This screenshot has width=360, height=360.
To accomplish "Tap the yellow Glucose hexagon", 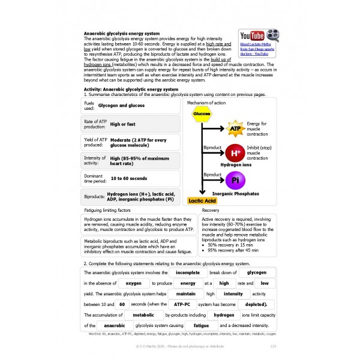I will click(x=202, y=113).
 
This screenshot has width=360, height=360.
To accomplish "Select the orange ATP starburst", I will click(x=235, y=128).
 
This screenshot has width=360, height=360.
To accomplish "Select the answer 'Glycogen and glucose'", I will click(x=121, y=105).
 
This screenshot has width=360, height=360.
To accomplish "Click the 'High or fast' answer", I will click(x=124, y=124).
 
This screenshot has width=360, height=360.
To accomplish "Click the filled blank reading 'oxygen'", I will click(x=133, y=283).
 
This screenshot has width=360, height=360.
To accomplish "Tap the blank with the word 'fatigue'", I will click(x=193, y=325).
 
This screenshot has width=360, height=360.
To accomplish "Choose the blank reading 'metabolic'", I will click(x=143, y=314).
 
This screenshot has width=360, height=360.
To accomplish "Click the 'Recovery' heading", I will click(x=211, y=211).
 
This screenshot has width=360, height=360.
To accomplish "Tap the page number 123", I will click(x=273, y=346).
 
